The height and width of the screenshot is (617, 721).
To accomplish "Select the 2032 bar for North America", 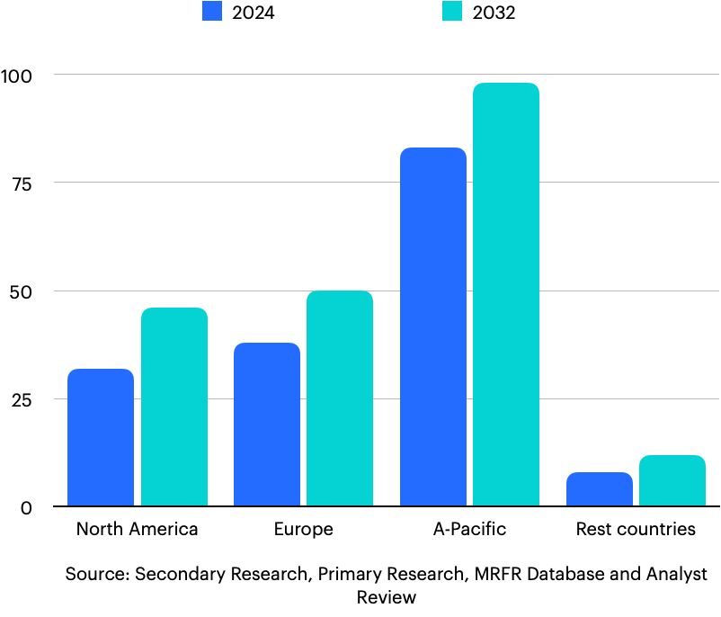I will tap(174, 407).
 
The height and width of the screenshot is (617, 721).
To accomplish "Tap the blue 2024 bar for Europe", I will tap(267, 424).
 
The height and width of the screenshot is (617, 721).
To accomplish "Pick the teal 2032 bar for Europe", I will tap(340, 398).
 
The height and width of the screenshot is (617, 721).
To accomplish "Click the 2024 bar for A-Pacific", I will tap(433, 326).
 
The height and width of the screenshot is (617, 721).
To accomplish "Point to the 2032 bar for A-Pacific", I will tap(506, 294).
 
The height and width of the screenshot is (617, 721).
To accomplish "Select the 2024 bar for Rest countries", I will tap(600, 489).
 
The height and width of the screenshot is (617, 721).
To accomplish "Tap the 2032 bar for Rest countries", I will tap(672, 480).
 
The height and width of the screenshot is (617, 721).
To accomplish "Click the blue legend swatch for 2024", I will tap(212, 13).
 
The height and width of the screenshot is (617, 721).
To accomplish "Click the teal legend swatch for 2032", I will tap(453, 13).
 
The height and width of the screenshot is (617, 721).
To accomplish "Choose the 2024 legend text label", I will tap(254, 13).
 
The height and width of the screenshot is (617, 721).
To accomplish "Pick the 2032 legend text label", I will tap(494, 13).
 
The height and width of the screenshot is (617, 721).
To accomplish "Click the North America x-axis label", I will tap(137, 529).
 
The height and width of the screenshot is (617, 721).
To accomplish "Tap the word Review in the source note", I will tap(387, 597).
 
